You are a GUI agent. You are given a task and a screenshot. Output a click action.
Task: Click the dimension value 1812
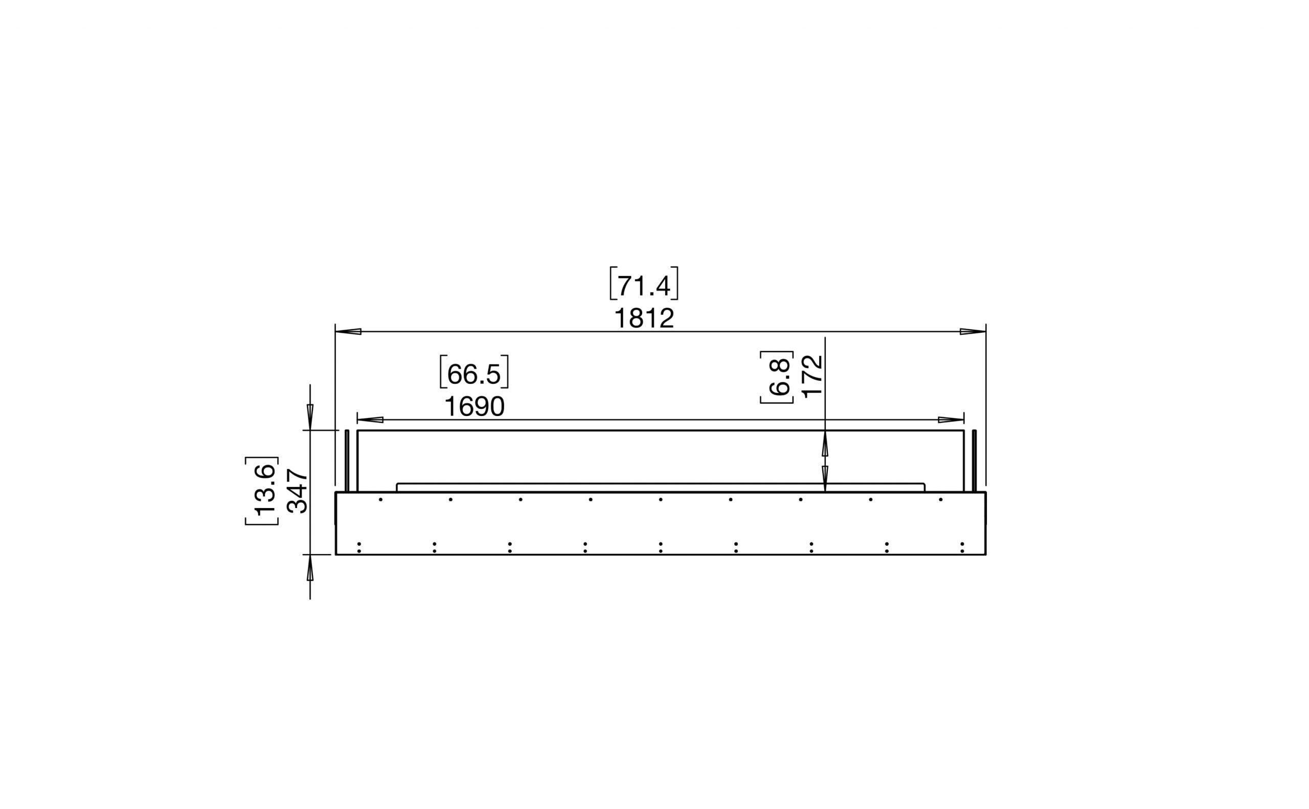tap(644, 319)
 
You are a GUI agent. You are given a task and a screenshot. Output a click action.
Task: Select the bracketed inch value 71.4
tap(644, 286)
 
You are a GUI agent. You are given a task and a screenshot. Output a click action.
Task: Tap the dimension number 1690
tap(475, 407)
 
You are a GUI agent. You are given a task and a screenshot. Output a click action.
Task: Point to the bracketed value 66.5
tap(474, 374)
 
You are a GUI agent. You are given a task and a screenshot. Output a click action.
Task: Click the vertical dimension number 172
tap(812, 376)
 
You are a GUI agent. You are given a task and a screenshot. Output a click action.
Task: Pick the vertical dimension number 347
tap(298, 491)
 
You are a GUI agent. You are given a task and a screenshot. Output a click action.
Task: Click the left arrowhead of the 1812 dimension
tap(348, 332)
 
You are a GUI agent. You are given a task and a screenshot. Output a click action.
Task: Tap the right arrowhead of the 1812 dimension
tap(972, 332)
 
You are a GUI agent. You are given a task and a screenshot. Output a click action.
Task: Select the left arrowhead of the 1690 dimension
tap(370, 420)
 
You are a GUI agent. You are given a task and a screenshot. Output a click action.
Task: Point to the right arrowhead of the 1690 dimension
tap(951, 420)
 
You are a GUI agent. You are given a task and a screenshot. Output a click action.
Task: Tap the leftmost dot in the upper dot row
tap(380, 500)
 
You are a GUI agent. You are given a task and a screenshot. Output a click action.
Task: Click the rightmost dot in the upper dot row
tap(940, 500)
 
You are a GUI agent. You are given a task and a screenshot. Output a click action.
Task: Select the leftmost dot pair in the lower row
tap(359, 547)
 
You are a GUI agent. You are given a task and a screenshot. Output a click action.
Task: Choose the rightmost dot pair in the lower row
tap(962, 547)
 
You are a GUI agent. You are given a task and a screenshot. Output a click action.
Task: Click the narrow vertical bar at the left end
tap(347, 460)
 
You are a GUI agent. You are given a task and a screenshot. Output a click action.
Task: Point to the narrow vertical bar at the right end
tap(975, 460)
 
